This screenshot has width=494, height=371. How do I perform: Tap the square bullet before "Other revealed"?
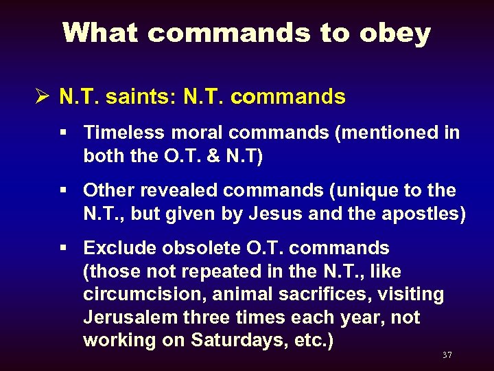pyautogui.click(x=67, y=190)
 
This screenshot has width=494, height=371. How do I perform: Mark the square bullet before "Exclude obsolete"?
pyautogui.click(x=67, y=247)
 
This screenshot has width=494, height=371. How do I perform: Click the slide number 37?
pyautogui.click(x=447, y=355)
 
